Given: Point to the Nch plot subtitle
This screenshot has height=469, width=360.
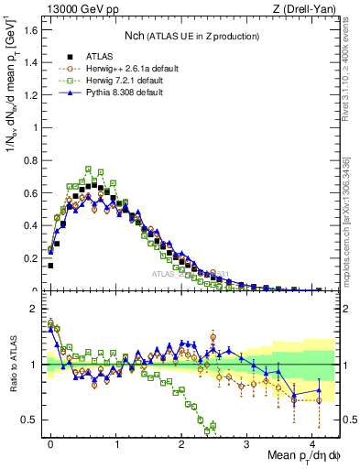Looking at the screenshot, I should (191, 35).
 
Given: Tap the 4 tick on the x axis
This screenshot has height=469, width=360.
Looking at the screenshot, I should (312, 442).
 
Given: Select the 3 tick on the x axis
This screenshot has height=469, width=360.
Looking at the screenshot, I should (247, 442).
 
